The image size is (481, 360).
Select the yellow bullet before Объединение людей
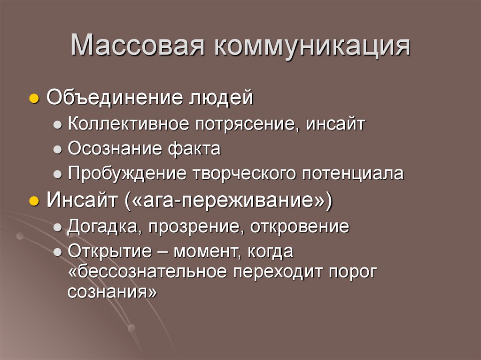coord(33,100)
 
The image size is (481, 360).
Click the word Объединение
coord(116,99)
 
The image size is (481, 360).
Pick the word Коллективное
coord(128,124)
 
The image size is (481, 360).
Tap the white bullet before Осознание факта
coord(57,150)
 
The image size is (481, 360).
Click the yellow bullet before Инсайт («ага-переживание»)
coord(33,202)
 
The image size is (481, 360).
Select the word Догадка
coord(102,228)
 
